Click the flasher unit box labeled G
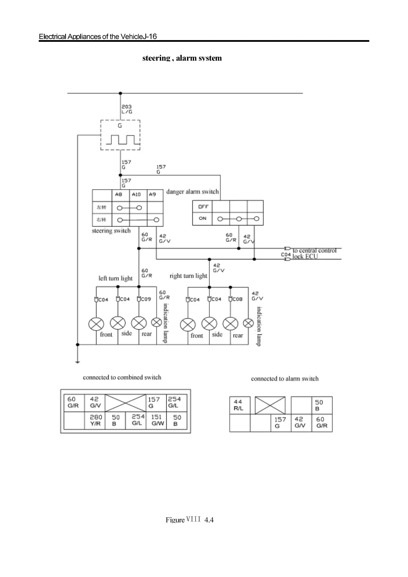(x=120, y=135)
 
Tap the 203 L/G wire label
(x=127, y=109)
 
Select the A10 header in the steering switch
(x=136, y=194)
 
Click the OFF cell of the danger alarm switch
(x=203, y=207)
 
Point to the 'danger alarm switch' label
(x=192, y=192)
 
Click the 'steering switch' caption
(x=111, y=231)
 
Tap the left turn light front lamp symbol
(x=96, y=324)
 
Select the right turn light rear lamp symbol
(x=230, y=324)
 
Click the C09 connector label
(x=146, y=299)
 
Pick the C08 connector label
(x=237, y=299)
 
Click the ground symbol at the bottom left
(x=78, y=360)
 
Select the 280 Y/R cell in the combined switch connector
(x=96, y=420)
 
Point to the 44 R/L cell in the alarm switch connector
(x=239, y=405)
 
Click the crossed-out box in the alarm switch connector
(x=271, y=405)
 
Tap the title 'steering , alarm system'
(x=182, y=58)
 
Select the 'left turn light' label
(x=115, y=278)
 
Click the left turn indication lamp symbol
(x=157, y=322)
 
